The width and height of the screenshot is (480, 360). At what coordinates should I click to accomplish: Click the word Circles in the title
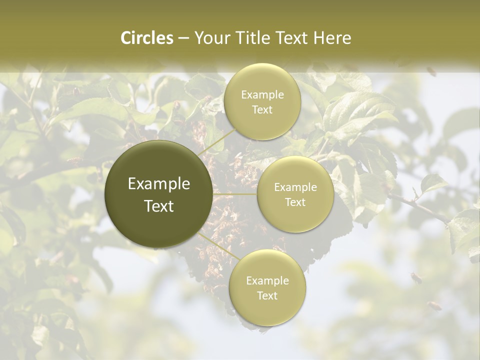coord(146,38)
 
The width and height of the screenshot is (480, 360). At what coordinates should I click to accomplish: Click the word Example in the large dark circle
coord(159,184)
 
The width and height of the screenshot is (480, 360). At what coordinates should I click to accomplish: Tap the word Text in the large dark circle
coord(159,206)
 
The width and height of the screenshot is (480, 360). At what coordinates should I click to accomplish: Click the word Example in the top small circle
coord(262,95)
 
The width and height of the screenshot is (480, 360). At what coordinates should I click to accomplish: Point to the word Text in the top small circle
coord(262,110)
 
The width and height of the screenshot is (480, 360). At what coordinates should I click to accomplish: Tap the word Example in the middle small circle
coord(295,187)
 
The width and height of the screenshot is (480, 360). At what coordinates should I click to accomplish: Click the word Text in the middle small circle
coord(295,202)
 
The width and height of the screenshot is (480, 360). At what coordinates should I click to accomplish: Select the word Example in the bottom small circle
coord(267,281)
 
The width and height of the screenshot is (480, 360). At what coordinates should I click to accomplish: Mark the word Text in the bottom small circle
coord(267,296)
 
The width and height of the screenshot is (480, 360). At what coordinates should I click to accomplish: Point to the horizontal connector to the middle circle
coord(235,194)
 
